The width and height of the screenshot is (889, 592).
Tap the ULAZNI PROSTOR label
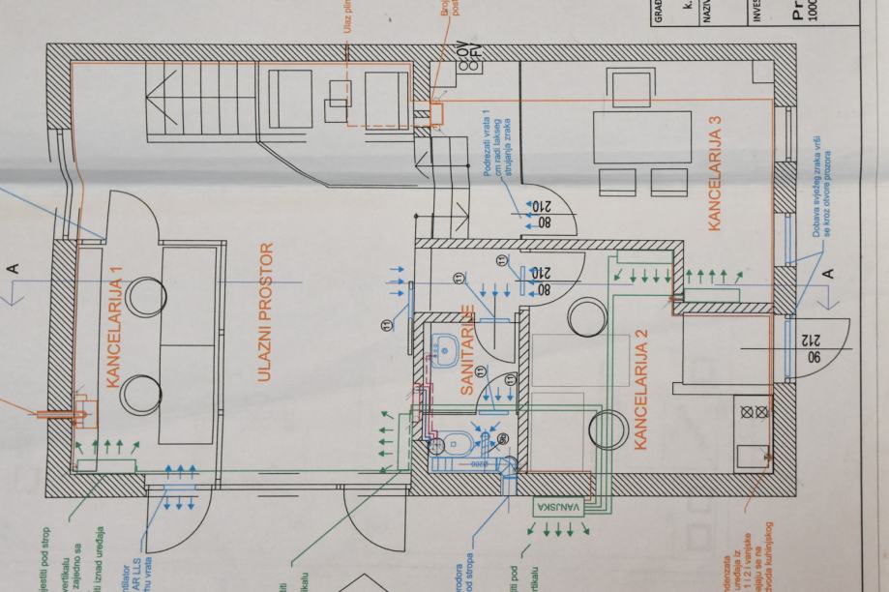pos(267,313)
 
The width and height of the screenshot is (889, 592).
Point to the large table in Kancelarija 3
pos(640,136)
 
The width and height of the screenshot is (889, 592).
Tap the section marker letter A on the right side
pos(828,275)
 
